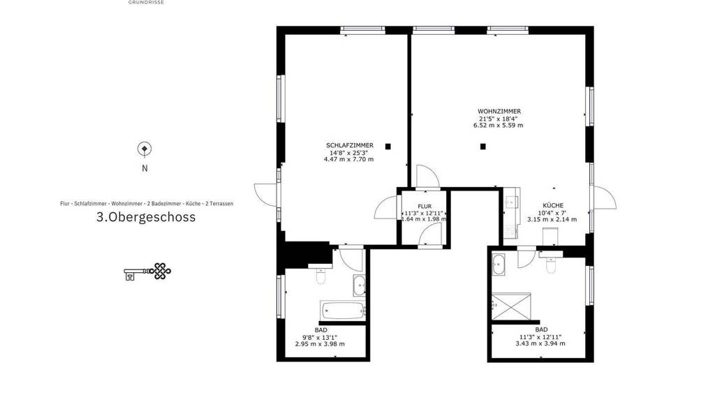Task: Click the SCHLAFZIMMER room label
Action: click(x=349, y=145)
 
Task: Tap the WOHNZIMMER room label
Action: click(x=499, y=111)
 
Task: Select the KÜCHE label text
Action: click(x=553, y=206)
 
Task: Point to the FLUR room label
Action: click(x=424, y=207)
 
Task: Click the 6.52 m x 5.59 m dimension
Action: click(x=498, y=125)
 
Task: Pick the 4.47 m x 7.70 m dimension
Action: click(x=348, y=159)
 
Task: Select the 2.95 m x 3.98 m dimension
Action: click(x=320, y=343)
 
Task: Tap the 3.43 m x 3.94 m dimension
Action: click(x=540, y=343)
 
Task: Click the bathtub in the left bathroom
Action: click(x=343, y=311)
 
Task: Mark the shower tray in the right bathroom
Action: click(x=511, y=306)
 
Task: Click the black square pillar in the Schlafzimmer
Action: click(x=388, y=147)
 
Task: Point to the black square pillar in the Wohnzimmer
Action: click(x=483, y=147)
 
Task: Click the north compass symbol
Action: click(x=145, y=149)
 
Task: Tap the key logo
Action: click(x=147, y=271)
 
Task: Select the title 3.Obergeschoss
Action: click(x=146, y=217)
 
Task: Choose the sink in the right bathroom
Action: click(x=499, y=265)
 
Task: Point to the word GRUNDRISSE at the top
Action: click(x=146, y=2)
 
